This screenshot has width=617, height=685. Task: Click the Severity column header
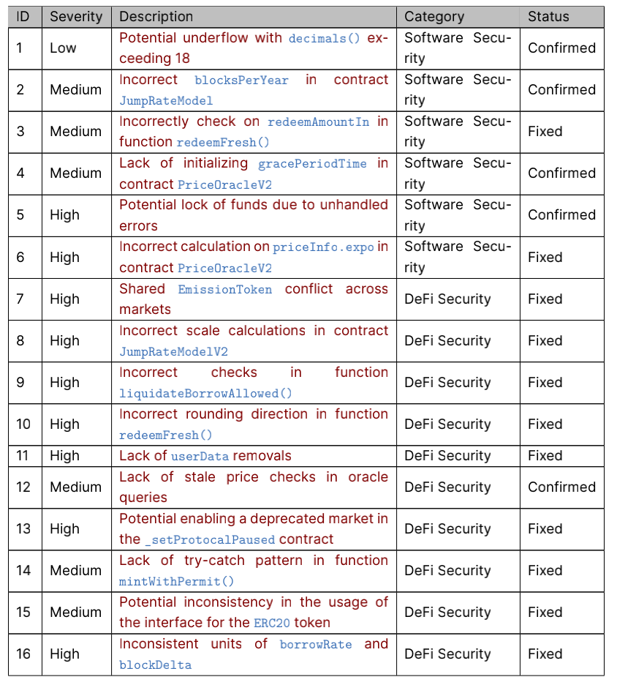click(x=76, y=16)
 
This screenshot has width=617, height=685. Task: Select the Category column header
click(x=434, y=16)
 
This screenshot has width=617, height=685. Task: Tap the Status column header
click(x=548, y=16)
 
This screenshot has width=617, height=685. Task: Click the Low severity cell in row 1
click(x=63, y=48)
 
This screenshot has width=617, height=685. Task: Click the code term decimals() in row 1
click(x=325, y=38)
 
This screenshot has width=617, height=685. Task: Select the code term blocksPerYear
click(x=241, y=80)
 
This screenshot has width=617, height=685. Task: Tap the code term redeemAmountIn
click(x=318, y=121)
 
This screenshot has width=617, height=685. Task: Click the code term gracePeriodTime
click(x=312, y=163)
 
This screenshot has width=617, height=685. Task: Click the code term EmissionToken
click(x=224, y=289)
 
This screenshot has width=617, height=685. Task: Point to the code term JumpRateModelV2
click(x=174, y=352)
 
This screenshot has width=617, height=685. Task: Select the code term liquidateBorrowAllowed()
click(x=205, y=394)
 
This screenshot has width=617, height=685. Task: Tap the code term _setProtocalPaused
click(x=209, y=539)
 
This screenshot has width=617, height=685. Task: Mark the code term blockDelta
click(x=155, y=665)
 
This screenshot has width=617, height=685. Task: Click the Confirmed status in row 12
click(x=561, y=487)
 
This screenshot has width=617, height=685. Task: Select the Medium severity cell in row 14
click(x=75, y=570)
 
